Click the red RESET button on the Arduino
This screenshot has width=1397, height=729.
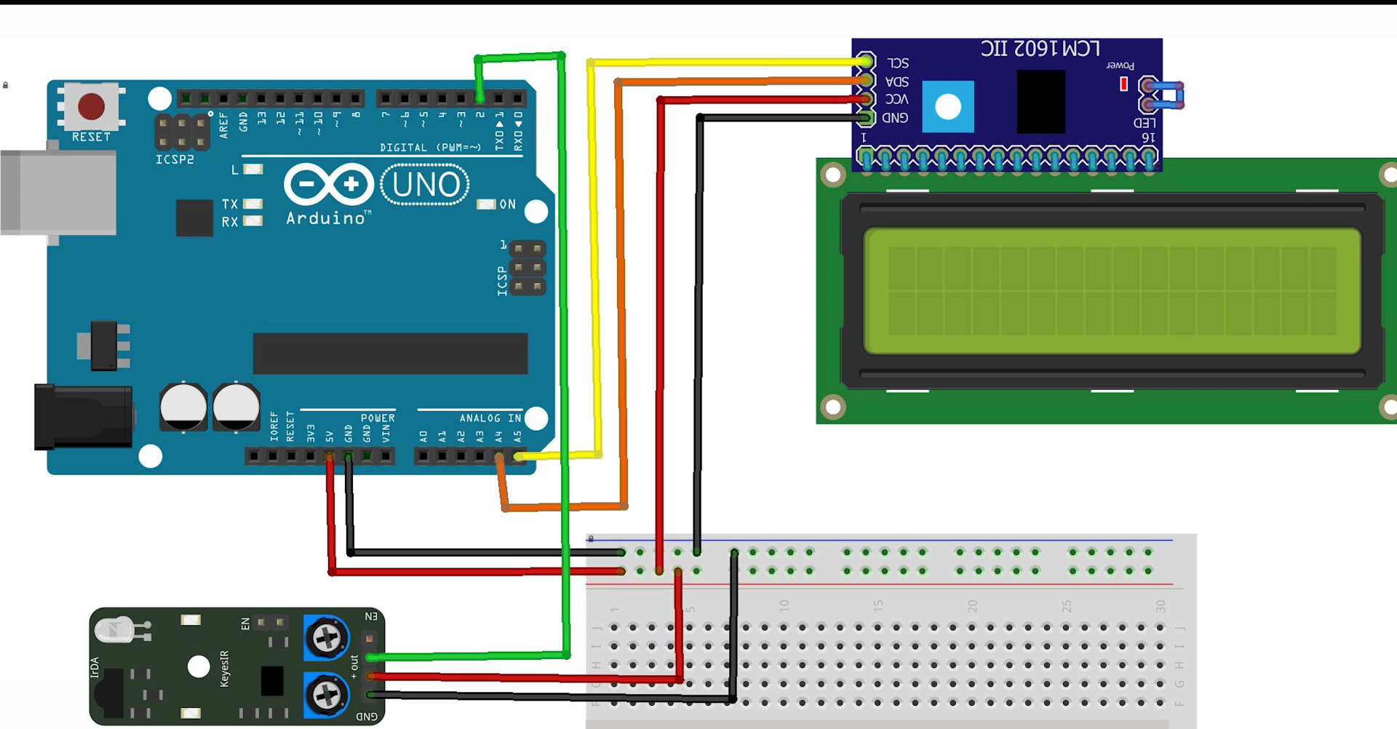coord(92,106)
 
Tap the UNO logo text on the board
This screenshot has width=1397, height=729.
coord(426,185)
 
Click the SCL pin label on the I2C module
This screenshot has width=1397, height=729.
coord(898,63)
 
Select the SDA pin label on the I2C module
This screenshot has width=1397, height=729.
coord(897,81)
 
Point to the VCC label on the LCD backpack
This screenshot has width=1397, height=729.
coord(896,100)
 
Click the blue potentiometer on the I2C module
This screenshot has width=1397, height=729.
coord(947,107)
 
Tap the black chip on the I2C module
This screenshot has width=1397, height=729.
coord(1040,102)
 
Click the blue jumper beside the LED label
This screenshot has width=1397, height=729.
coord(1167,95)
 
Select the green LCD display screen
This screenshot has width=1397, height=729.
coord(1112,291)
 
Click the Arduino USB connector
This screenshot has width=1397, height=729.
coord(58,192)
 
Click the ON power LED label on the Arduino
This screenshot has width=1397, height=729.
coord(507,204)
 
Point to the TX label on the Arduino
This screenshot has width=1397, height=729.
coord(230,204)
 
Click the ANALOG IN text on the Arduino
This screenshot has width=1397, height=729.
coord(490,418)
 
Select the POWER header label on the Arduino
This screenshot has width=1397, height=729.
coord(378,418)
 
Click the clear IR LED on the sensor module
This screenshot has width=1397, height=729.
coord(116,629)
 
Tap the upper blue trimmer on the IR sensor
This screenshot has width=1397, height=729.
coord(326,638)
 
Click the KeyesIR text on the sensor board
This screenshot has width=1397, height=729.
coord(224,668)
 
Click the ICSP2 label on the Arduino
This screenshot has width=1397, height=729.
coord(175,159)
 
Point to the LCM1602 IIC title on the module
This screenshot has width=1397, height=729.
coord(1040,49)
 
